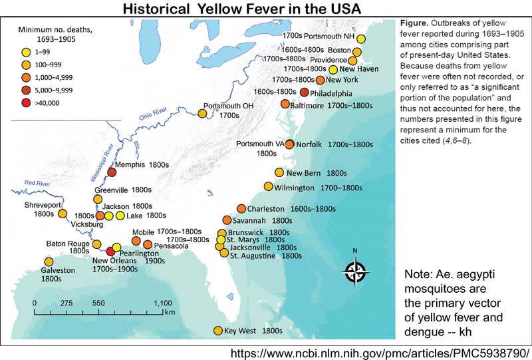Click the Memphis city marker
(x=112, y=172)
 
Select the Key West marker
(x=217, y=331)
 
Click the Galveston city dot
(x=49, y=262)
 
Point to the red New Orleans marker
(x=110, y=251)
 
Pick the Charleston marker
(x=241, y=209)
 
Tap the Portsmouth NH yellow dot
(x=361, y=39)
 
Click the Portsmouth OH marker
(x=202, y=114)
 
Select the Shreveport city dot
(x=63, y=214)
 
